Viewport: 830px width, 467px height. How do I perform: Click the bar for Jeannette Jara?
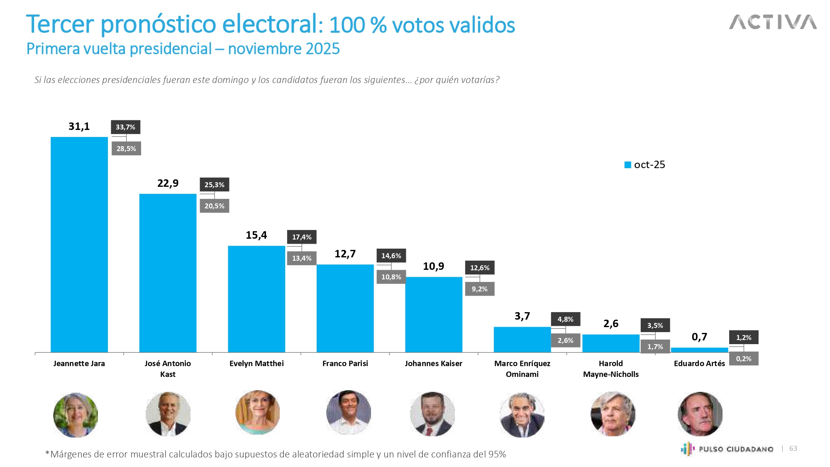pyautogui.click(x=79, y=245)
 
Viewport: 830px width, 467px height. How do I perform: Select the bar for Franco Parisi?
pyautogui.click(x=345, y=308)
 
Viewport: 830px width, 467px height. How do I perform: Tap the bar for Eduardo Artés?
pyautogui.click(x=699, y=350)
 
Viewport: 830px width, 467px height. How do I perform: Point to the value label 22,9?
pyautogui.click(x=168, y=183)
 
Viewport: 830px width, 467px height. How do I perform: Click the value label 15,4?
pyautogui.click(x=256, y=235)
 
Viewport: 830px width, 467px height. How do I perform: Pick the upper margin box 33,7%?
pyautogui.click(x=125, y=127)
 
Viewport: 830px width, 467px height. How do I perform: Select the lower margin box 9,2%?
pyautogui.click(x=480, y=289)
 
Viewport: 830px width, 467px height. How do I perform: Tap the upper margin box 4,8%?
pyautogui.click(x=565, y=319)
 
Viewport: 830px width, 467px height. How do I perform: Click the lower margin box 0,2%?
pyautogui.click(x=744, y=359)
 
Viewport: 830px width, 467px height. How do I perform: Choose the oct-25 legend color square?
pyautogui.click(x=628, y=165)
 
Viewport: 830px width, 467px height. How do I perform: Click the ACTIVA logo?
pyautogui.click(x=773, y=22)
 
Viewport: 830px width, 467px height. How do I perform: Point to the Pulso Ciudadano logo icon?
pyautogui.click(x=687, y=449)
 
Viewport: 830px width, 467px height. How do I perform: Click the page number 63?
pyautogui.click(x=793, y=448)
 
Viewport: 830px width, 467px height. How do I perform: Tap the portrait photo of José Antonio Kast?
pyautogui.click(x=168, y=414)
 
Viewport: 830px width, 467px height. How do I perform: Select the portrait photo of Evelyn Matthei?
pyautogui.click(x=257, y=412)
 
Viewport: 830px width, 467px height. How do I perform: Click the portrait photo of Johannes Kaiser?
pyautogui.click(x=432, y=414)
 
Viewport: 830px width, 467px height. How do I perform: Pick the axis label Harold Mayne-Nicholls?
pyautogui.click(x=611, y=369)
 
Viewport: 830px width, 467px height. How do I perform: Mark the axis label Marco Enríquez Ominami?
pyautogui.click(x=522, y=369)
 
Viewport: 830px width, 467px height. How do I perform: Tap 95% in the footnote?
pyautogui.click(x=497, y=454)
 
